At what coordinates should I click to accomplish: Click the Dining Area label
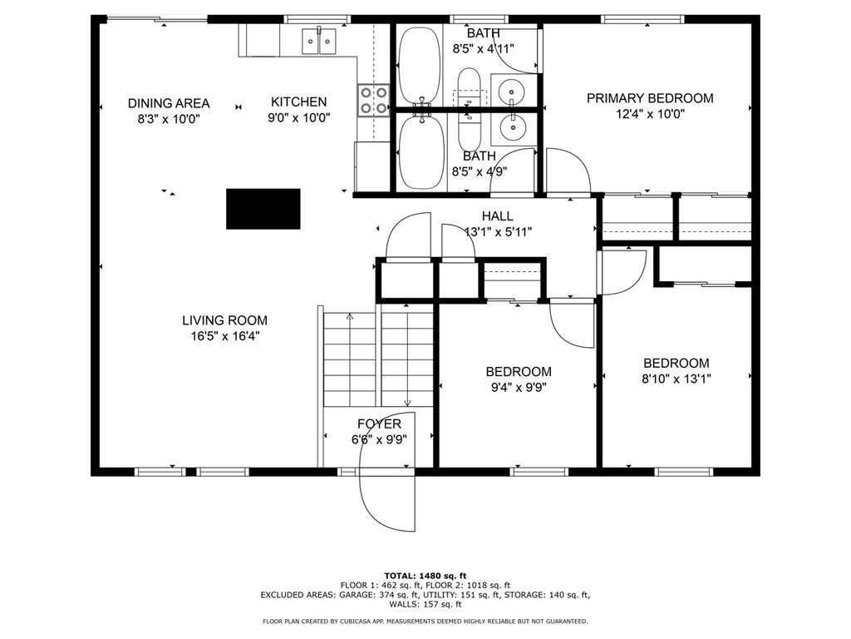point(169,103)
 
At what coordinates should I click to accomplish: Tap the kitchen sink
point(319,42)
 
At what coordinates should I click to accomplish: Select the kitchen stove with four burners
point(373,101)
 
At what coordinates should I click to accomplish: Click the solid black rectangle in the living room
point(263,209)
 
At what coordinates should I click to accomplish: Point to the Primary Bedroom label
point(650,98)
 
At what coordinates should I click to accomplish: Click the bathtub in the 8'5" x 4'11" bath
point(419,65)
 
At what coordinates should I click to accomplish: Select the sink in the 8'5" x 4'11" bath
point(511,88)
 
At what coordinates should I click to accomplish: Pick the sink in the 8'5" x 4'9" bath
point(511,128)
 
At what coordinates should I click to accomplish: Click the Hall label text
point(498,216)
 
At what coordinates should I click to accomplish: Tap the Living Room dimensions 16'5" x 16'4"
point(225,336)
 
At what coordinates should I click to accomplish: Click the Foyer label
point(379,424)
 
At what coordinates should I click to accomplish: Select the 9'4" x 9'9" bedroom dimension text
point(519,388)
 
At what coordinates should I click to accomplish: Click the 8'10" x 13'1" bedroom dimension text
point(676,379)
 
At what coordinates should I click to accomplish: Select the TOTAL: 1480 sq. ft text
point(425,576)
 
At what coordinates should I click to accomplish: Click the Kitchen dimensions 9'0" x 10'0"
point(299,118)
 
